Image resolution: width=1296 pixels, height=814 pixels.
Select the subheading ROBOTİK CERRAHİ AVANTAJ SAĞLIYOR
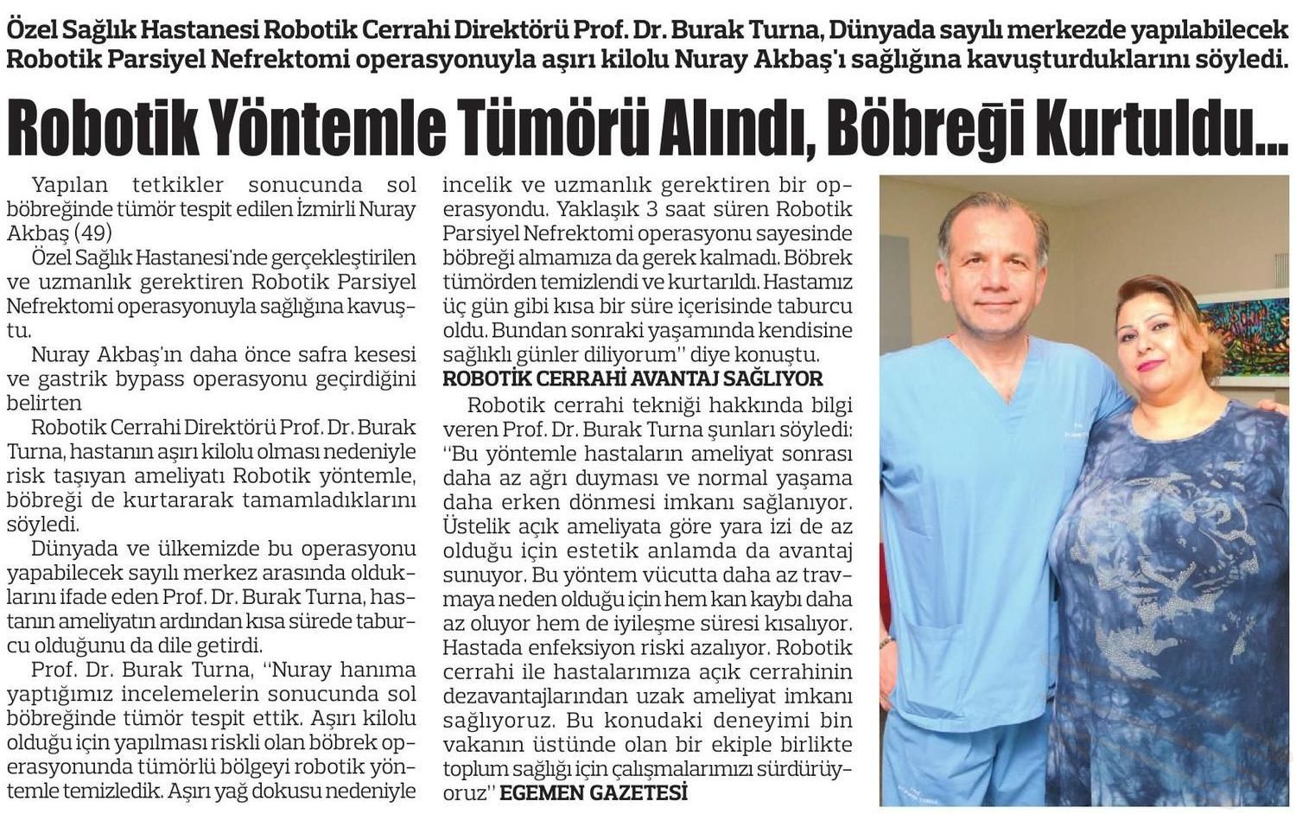632,379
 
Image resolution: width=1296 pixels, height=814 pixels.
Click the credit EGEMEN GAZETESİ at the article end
594,792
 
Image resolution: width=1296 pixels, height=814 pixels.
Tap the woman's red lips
1150,366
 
